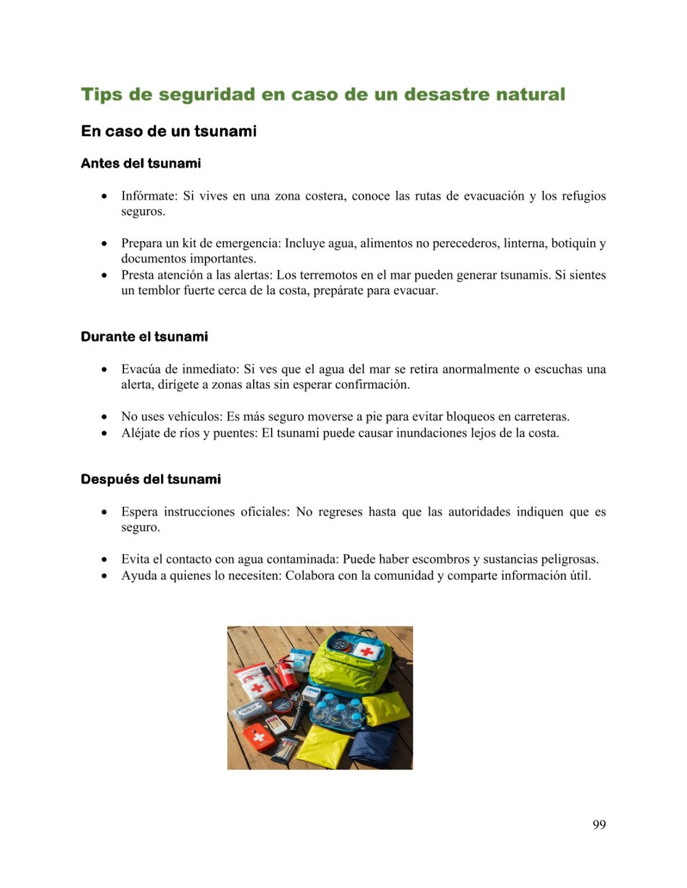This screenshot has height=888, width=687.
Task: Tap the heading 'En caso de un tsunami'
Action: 169,131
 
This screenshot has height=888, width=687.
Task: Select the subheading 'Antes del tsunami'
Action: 141,163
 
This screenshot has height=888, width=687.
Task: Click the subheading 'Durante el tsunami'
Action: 144,337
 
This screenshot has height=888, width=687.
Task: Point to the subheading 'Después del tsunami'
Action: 151,479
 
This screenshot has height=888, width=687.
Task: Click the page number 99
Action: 599,824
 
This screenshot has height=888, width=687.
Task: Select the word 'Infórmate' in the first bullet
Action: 149,196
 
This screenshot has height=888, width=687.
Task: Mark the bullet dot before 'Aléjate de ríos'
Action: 104,434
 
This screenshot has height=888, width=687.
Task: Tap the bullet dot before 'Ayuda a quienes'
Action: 104,576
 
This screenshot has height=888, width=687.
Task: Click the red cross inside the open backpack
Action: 367,651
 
